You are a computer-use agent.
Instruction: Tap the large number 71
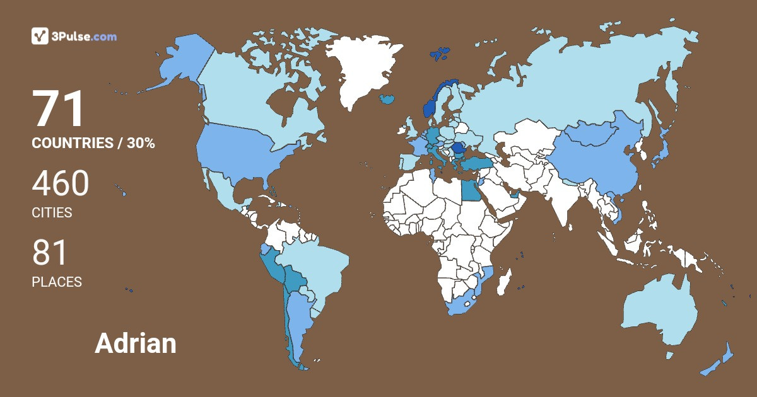(x=59, y=110)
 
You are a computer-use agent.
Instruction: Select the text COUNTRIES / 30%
(x=93, y=143)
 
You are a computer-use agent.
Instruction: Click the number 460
(x=61, y=184)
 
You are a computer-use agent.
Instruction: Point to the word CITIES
(x=52, y=213)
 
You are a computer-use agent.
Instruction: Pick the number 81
(x=50, y=253)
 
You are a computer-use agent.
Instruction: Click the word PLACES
(x=57, y=282)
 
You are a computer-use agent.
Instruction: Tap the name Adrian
(x=136, y=343)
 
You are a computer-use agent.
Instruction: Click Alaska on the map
(x=177, y=63)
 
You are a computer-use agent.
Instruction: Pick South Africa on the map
(x=464, y=302)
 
